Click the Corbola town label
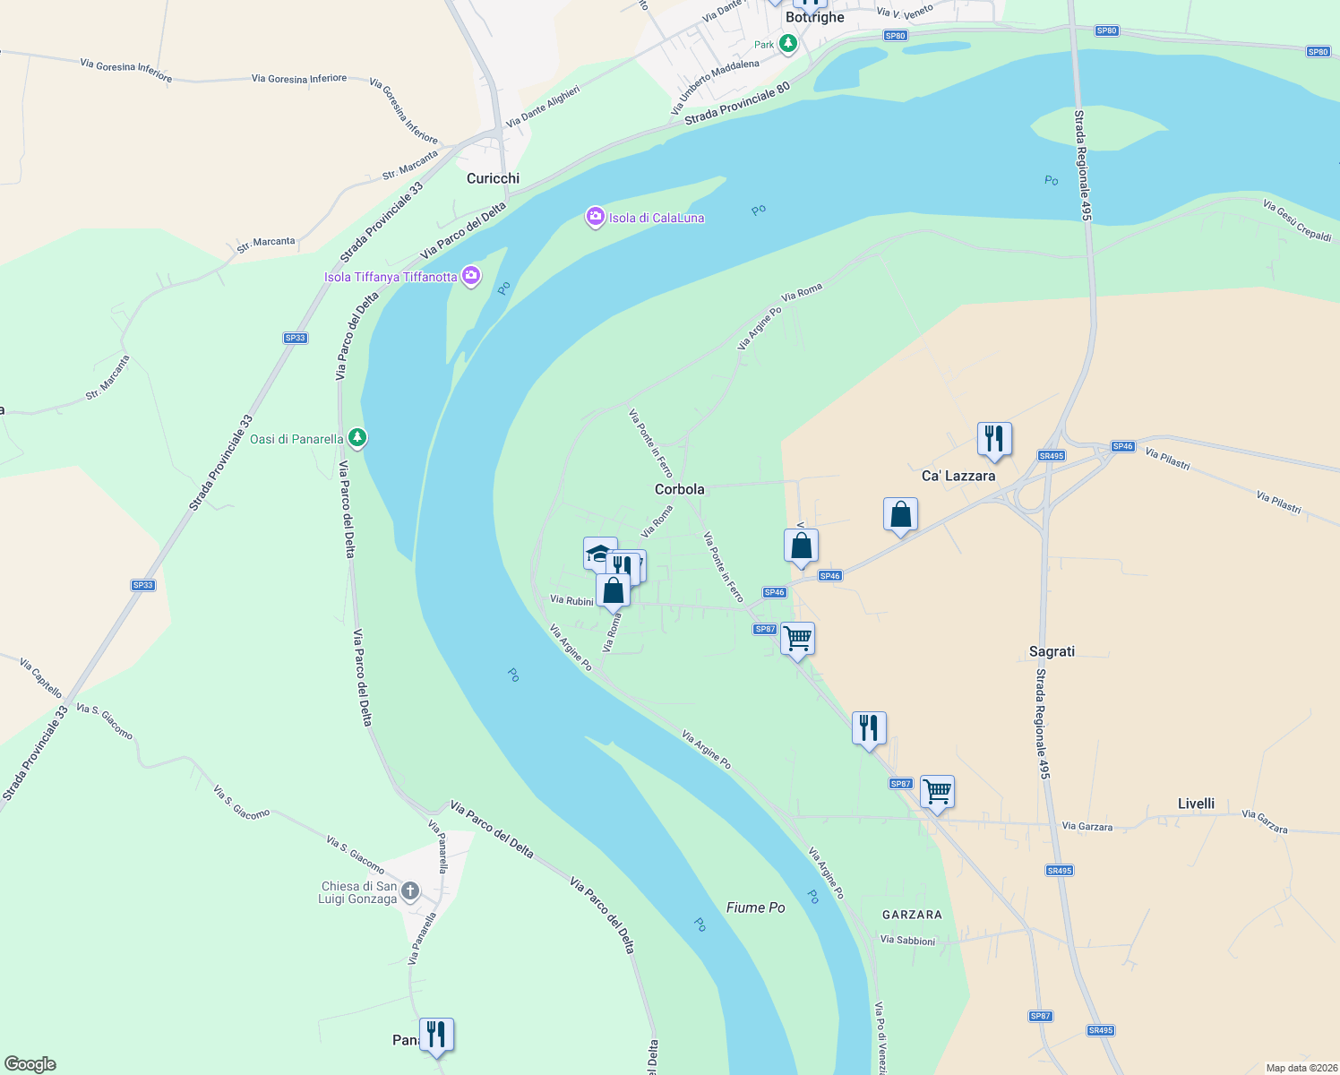pyautogui.click(x=679, y=489)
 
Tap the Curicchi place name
pyautogui.click(x=493, y=178)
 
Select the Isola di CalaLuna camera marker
pyautogui.click(x=595, y=217)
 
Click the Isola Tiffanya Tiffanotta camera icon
pyautogui.click(x=471, y=276)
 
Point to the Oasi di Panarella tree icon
pyautogui.click(x=357, y=438)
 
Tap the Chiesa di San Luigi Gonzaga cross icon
pyautogui.click(x=409, y=890)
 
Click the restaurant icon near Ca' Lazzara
pyautogui.click(x=993, y=439)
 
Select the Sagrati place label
pyautogui.click(x=1052, y=651)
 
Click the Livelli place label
pyautogui.click(x=1196, y=804)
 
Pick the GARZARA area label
pyautogui.click(x=912, y=915)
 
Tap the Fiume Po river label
pyautogui.click(x=755, y=907)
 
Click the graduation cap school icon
pyautogui.click(x=598, y=553)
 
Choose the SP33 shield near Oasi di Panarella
pyautogui.click(x=295, y=338)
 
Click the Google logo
pyautogui.click(x=30, y=1064)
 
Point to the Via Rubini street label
pyautogui.click(x=571, y=600)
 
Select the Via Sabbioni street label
pyautogui.click(x=907, y=941)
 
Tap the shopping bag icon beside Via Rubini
pyautogui.click(x=614, y=591)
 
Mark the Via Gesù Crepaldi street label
pyautogui.click(x=1297, y=220)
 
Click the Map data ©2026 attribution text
pyautogui.click(x=1301, y=1068)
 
